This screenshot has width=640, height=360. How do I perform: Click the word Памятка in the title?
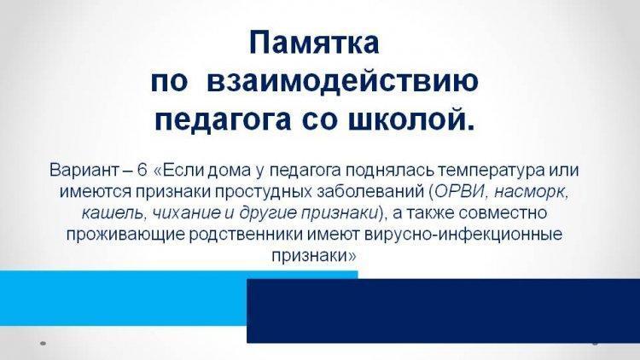(314, 43)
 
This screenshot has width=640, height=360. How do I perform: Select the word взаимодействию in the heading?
(342, 81)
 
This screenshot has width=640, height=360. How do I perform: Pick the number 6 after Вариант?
(142, 170)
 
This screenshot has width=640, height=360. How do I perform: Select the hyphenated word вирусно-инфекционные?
(464, 235)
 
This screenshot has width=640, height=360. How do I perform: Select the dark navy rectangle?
(443, 311)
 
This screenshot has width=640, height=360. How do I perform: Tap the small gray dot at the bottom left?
(43, 344)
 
